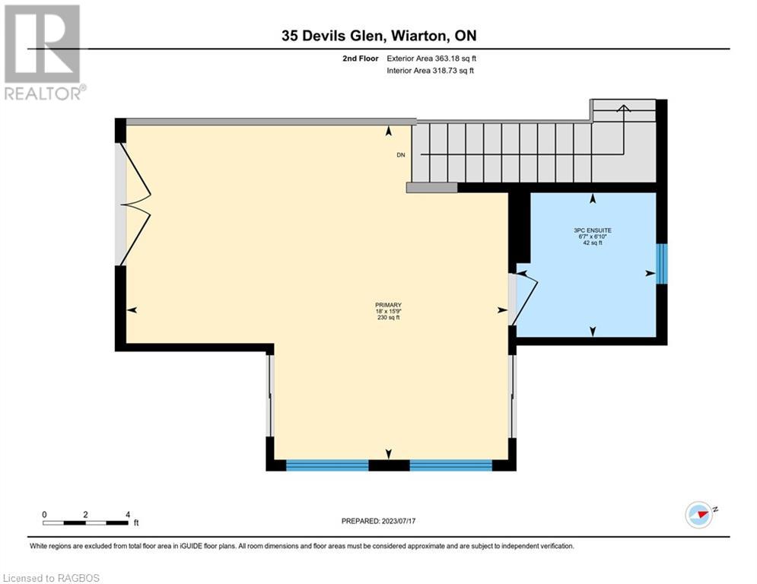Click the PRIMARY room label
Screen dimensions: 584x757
[387, 304]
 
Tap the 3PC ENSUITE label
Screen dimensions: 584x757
[593, 230]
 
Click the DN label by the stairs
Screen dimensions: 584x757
[401, 155]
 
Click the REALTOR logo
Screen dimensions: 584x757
[43, 52]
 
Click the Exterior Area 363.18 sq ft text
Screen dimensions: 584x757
[432, 58]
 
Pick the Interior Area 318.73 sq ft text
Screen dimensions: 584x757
[431, 71]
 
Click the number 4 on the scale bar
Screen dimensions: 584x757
[127, 514]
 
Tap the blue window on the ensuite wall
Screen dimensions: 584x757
[662, 264]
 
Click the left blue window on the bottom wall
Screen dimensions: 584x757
[327, 464]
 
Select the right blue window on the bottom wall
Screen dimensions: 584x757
[450, 464]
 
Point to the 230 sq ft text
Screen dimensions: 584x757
[387, 318]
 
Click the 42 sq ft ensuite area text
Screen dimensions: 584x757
[593, 243]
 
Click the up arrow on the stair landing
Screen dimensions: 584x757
[623, 109]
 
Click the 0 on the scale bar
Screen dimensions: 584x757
[45, 514]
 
